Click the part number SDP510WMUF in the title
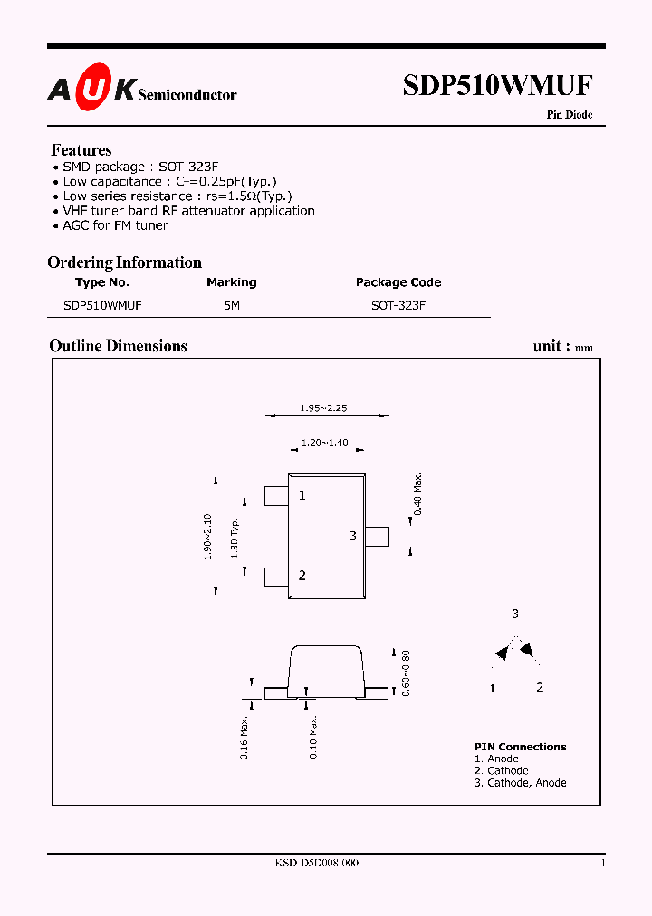(x=497, y=86)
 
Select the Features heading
(x=81, y=150)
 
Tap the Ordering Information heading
(x=125, y=262)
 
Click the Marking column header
(x=232, y=282)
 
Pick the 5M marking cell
(x=232, y=306)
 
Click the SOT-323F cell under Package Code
(x=398, y=306)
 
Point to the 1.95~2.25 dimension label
(x=323, y=408)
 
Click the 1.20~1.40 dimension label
(x=324, y=443)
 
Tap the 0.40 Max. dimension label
(x=418, y=494)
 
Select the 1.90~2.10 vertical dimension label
(x=207, y=538)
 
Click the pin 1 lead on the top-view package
(x=275, y=496)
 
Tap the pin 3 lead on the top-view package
(x=377, y=536)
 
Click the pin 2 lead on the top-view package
(x=275, y=576)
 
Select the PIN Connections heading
(x=520, y=747)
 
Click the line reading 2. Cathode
(x=501, y=770)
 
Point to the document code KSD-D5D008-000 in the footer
(x=317, y=864)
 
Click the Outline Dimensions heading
(x=119, y=346)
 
